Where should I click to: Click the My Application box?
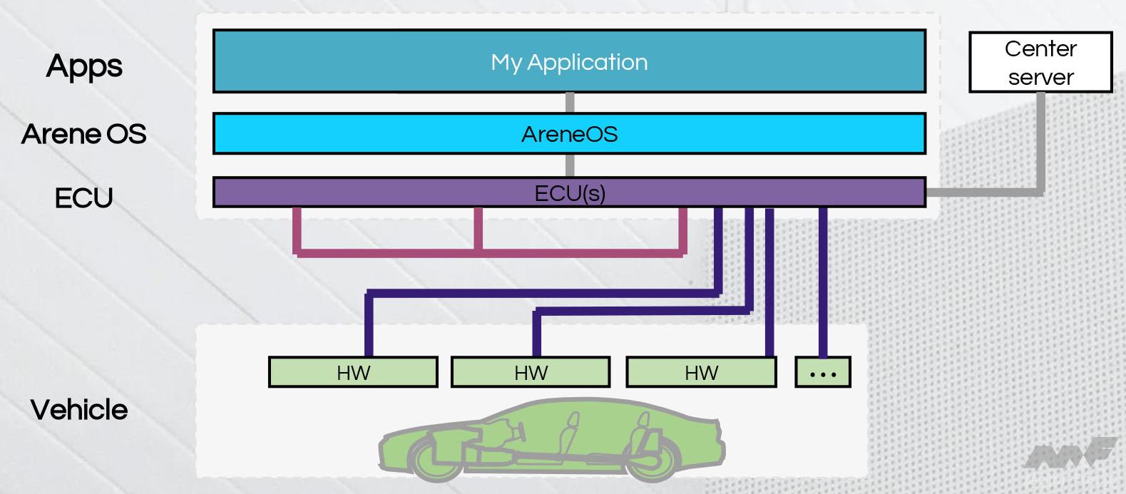tap(569, 61)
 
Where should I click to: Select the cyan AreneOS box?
tap(569, 133)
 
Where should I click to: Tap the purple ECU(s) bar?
tap(569, 192)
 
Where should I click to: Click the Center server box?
tap(1040, 63)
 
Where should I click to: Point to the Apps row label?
tap(84, 66)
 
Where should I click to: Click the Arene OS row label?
tap(84, 134)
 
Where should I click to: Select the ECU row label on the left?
tap(84, 197)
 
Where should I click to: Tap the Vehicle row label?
tap(79, 410)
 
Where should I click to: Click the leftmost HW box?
tap(353, 372)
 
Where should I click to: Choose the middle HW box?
tap(531, 372)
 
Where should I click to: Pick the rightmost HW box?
tap(701, 372)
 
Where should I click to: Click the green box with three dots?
tap(823, 372)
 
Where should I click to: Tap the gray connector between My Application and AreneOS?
tap(570, 103)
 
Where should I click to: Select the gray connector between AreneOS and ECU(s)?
tap(570, 165)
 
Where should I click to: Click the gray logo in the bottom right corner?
tap(1070, 453)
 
